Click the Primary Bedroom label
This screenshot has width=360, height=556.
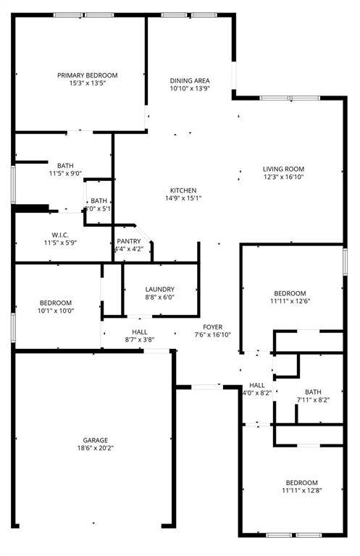88,75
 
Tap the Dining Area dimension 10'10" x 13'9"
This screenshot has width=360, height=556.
190,89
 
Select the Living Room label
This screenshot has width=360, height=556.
283,169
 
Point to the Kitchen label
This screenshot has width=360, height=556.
183,190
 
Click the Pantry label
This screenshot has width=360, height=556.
129,241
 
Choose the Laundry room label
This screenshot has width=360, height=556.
159,288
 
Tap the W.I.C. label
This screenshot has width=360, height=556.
59,234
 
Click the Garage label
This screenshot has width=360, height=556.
95,440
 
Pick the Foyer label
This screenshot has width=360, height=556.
212,327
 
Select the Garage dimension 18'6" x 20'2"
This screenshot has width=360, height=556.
95,448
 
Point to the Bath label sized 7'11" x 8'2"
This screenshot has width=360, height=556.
313,392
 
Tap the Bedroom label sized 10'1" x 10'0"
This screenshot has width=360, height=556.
56,303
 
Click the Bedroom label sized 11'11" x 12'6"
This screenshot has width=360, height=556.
289,293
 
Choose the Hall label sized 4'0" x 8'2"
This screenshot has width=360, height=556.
257,385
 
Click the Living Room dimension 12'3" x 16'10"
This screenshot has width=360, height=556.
283,177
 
